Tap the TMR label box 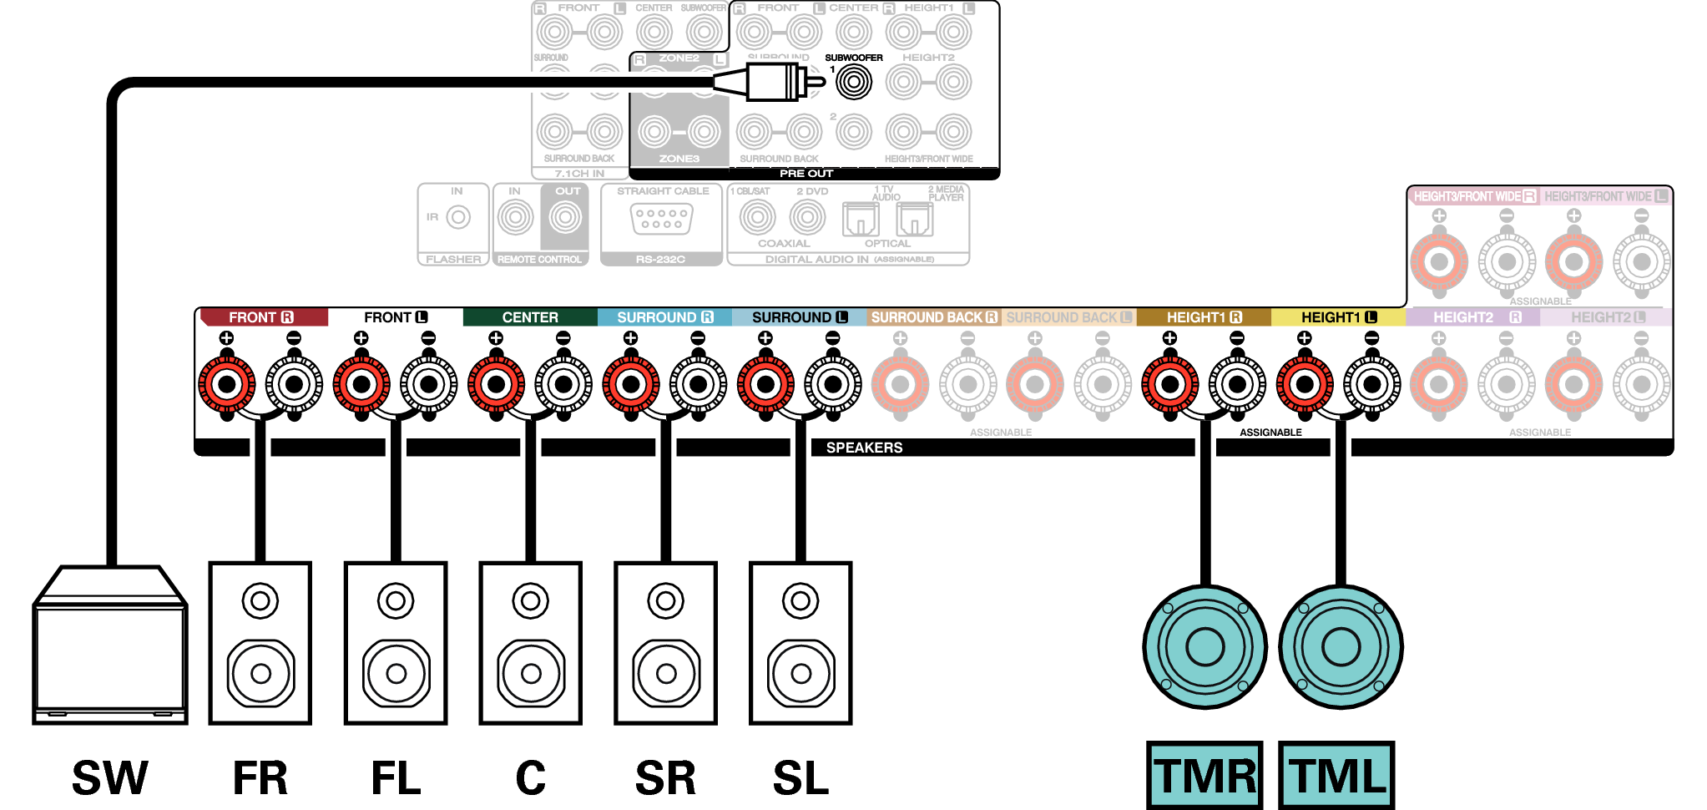coord(1204,774)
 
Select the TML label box coord(1337,774)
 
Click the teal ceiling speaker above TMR coord(1204,647)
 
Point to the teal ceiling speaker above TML coord(1341,647)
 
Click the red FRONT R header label coord(261,317)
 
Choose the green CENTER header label coord(530,317)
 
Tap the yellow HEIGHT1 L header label coord(1338,317)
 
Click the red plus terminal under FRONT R coord(226,384)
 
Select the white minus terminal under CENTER coord(563,384)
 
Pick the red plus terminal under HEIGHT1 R coord(1169,384)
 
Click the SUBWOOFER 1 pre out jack coord(853,82)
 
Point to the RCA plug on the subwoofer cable coord(772,82)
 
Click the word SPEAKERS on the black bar coord(864,448)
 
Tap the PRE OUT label coord(806,174)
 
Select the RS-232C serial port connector coord(661,219)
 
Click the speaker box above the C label coord(530,643)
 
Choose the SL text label coord(800,778)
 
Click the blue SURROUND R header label coord(664,317)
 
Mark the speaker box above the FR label coord(260,643)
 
